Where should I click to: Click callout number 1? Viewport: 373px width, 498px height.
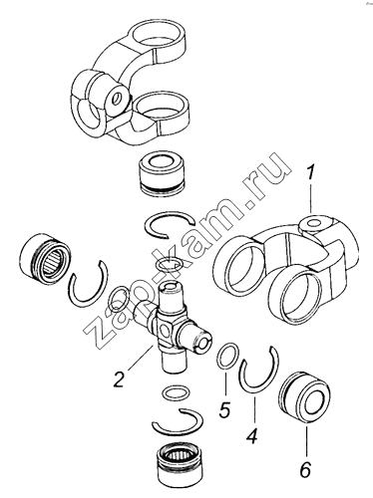[310, 175]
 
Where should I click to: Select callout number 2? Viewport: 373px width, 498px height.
[119, 379]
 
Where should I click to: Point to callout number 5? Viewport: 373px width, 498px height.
[224, 409]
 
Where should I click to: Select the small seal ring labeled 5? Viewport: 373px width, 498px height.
[227, 357]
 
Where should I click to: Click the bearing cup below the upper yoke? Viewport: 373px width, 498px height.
[161, 173]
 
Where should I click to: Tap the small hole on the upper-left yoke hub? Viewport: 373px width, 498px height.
[116, 99]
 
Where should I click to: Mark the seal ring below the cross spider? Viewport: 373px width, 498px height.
[177, 392]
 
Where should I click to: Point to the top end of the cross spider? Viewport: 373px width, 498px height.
[172, 285]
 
